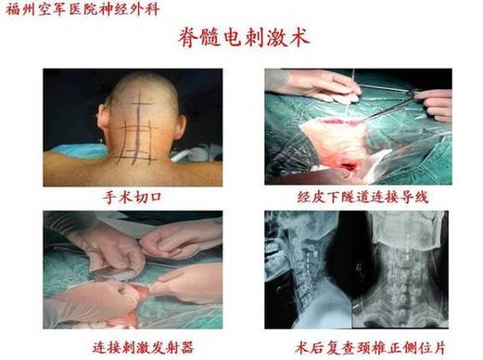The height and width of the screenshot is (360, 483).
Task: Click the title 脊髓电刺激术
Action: coord(244,38)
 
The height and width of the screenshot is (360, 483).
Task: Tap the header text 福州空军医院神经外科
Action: coord(83,9)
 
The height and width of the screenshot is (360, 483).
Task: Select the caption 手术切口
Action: coord(133,198)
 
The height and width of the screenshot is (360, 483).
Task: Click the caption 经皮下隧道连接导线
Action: coord(362,198)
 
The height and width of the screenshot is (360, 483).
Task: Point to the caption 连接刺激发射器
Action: coord(144,348)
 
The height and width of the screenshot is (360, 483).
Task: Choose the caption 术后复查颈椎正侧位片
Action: coord(370,348)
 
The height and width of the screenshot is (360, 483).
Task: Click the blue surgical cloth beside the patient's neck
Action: coord(81,151)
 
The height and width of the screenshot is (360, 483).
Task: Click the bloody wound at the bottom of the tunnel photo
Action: coord(349,167)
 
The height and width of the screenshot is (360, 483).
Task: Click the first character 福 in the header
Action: coord(13,9)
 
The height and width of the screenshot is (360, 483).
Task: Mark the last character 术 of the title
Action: coord(299,38)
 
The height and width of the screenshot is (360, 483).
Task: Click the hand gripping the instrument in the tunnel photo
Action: coord(436,105)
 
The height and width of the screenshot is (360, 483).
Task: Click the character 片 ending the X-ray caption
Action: coord(439,348)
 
